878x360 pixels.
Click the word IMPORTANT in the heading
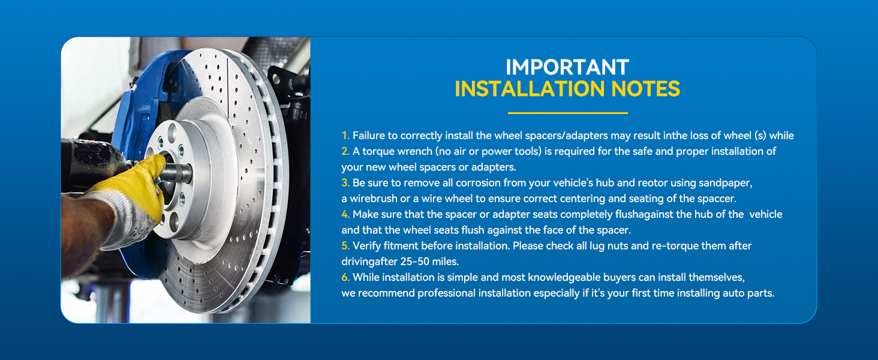(x=567, y=67)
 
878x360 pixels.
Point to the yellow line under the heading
(x=567, y=113)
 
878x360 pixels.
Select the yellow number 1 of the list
(x=345, y=136)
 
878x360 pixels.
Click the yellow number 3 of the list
(x=345, y=182)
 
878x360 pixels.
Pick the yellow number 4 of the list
(x=345, y=214)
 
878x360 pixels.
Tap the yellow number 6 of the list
(x=345, y=277)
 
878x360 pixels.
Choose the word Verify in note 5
(x=366, y=246)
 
